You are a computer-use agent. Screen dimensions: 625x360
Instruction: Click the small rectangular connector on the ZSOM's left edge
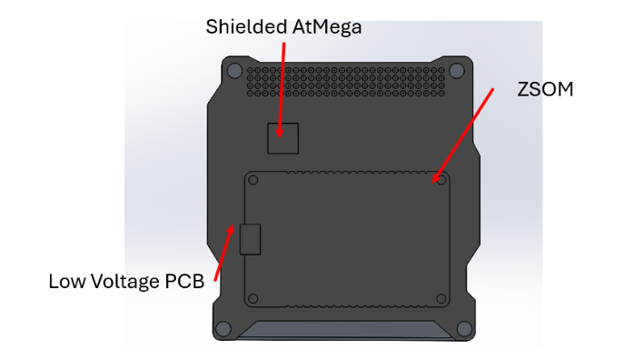click(x=250, y=239)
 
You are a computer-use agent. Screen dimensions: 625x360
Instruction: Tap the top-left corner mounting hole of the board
click(x=234, y=70)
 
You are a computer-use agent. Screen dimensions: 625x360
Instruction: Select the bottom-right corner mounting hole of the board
click(x=463, y=328)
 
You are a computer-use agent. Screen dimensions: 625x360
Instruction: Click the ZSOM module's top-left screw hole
click(x=253, y=179)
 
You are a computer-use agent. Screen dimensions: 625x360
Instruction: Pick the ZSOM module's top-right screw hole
click(x=441, y=179)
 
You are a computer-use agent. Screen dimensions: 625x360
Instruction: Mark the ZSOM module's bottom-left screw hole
click(x=253, y=298)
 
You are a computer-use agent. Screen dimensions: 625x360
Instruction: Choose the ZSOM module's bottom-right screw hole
click(x=441, y=298)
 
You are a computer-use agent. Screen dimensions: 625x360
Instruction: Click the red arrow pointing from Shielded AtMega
click(x=283, y=86)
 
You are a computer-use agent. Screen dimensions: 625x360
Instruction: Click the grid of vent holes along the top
click(x=350, y=80)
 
